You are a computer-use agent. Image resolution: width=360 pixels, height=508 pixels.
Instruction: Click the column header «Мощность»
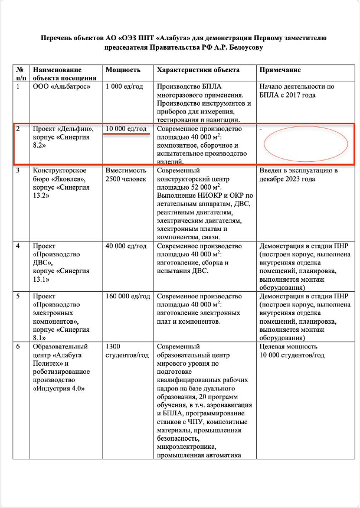[123, 69]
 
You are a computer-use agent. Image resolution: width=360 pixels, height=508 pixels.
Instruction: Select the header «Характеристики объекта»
[197, 69]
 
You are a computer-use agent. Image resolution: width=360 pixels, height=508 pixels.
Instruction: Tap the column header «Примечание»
[280, 69]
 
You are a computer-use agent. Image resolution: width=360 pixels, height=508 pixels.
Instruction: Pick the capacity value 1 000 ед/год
[124, 87]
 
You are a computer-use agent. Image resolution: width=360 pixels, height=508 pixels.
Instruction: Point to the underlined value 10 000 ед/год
[126, 129]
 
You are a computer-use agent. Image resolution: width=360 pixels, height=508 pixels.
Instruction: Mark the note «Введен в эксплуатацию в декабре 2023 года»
[298, 175]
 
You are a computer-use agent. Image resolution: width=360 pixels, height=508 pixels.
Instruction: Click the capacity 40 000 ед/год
[126, 246]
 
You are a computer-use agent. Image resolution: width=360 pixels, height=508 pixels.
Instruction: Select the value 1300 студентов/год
[126, 350]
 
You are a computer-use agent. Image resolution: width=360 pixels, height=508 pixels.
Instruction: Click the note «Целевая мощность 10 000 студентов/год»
[292, 350]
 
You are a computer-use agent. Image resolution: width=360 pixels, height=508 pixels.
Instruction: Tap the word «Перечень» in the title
[58, 38]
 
